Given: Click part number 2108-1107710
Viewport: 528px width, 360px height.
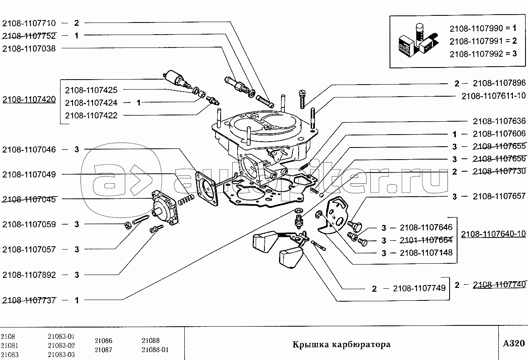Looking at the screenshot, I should [x=29, y=23].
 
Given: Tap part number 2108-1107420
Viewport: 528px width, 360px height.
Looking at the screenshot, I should [x=29, y=100].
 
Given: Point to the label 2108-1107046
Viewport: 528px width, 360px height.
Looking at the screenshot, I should [x=29, y=149].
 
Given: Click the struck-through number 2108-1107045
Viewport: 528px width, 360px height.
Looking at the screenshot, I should [x=29, y=199].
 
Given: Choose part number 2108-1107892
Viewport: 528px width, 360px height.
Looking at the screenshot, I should [x=29, y=275].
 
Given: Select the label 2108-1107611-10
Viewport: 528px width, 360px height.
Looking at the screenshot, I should [x=493, y=96].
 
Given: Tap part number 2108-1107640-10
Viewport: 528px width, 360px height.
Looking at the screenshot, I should [x=493, y=234].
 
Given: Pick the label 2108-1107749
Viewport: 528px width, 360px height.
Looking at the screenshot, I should [x=419, y=288].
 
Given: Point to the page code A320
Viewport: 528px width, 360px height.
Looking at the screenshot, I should [x=513, y=344].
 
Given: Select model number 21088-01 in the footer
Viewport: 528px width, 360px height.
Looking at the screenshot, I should [x=155, y=350].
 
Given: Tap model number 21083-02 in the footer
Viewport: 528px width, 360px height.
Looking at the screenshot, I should [x=61, y=345].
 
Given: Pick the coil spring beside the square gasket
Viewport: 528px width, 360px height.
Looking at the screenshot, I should [x=185, y=200].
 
